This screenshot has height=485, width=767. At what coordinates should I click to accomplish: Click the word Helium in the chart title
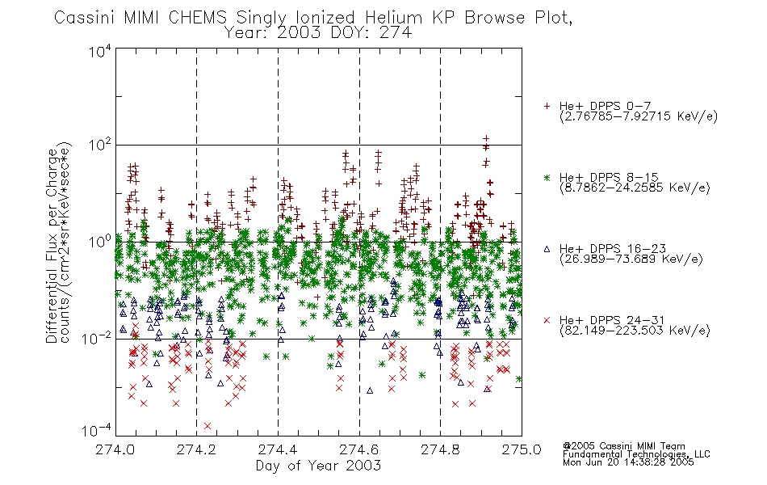point(393,18)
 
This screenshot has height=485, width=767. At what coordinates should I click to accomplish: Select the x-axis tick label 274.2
point(197,449)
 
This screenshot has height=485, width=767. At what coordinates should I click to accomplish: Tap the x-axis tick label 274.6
point(359,449)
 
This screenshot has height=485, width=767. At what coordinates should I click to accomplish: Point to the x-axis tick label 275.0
point(522,449)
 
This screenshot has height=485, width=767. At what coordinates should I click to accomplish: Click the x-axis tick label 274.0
point(115,449)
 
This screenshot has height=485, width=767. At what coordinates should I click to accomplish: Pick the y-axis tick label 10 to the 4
point(100,51)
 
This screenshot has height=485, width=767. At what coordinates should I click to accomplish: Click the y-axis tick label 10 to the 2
point(100,145)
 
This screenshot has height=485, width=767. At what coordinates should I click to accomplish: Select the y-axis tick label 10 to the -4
point(97,430)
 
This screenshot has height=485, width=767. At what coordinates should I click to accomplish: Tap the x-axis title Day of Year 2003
point(318,466)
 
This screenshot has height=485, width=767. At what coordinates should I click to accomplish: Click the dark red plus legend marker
point(547,106)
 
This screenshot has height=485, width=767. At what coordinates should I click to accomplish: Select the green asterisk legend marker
point(547,178)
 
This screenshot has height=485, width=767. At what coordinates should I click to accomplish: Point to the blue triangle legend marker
point(547,249)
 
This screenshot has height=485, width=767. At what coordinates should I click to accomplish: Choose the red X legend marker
point(547,320)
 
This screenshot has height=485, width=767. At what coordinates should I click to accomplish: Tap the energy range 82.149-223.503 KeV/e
point(635,330)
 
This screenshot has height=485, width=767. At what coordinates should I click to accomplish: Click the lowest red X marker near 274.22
point(207,426)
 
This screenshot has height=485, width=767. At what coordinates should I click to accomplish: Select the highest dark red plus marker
point(486,139)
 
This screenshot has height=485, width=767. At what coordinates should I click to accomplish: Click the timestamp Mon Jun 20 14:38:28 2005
point(628,462)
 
